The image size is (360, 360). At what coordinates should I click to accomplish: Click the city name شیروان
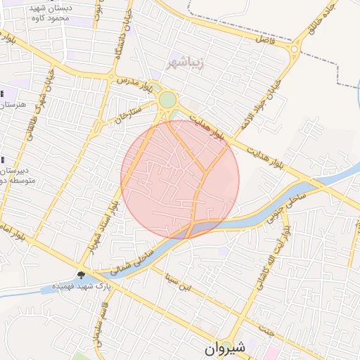coord(226,348)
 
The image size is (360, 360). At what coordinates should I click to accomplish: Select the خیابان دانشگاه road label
coord(127,28)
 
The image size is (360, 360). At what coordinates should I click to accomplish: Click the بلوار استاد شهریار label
coord(103,225)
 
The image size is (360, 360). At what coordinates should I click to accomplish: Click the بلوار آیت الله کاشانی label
coord(280,247)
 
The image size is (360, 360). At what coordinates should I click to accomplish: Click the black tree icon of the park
coord(82,275)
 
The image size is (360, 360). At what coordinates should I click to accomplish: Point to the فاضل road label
coord(264,43)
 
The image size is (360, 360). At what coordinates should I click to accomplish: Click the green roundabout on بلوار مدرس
coord(167,100)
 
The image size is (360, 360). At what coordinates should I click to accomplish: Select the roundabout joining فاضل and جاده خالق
coord(295,49)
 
